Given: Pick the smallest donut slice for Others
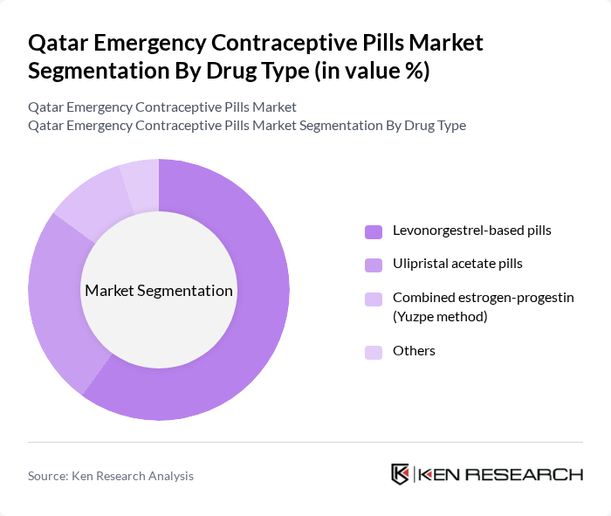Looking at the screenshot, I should coord(141,182).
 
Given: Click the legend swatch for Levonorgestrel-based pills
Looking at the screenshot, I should coord(374,232).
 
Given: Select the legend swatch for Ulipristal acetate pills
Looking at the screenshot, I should coord(374,264).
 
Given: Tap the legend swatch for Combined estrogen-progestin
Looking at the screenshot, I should coord(374,299).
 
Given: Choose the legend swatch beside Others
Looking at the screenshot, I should coord(374,352).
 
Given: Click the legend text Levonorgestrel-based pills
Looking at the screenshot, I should coord(471,231).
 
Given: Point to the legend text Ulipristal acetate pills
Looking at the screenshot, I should coord(457,263).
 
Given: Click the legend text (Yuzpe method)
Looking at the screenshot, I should coord(440,316).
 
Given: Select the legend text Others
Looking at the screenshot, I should coord(414,351).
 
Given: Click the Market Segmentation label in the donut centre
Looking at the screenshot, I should coord(159,291).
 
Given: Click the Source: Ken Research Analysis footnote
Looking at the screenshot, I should coord(111,476).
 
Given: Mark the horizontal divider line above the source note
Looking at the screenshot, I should coord(305,442).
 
